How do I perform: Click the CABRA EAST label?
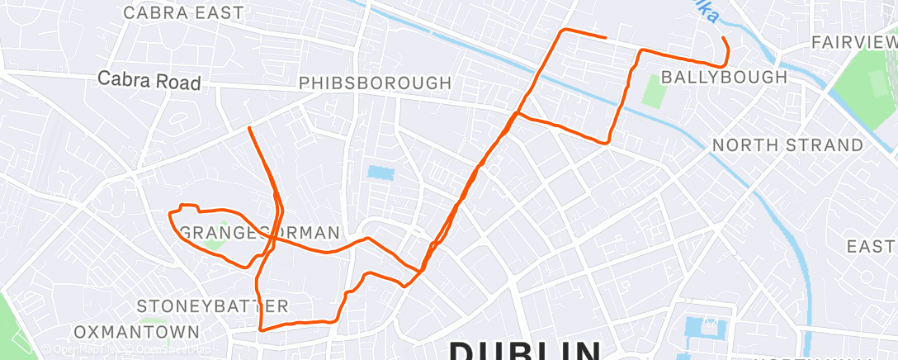click(183, 13)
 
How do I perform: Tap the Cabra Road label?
click(149, 82)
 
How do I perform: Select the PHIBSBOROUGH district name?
click(375, 83)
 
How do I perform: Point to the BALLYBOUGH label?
click(725, 77)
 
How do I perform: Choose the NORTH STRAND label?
click(787, 145)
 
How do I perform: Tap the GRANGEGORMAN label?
click(259, 233)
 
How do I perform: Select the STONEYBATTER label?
click(212, 306)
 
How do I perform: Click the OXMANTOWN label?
click(136, 332)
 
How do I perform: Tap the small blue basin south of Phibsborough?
click(381, 173)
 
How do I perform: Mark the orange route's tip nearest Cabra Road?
click(249, 128)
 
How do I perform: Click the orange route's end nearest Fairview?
click(722, 38)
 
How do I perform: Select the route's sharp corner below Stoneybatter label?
click(262, 329)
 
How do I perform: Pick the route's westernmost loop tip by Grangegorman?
click(170, 215)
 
